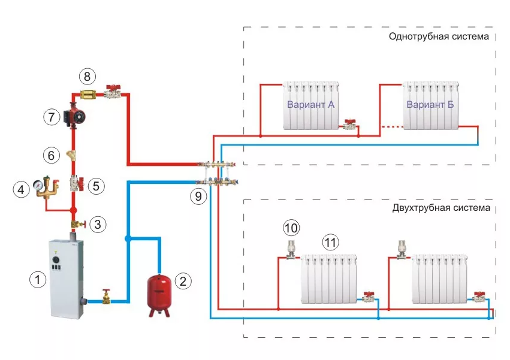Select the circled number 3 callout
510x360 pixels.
99,225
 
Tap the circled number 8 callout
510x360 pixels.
87,77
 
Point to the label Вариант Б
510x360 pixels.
430,105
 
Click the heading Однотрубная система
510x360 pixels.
439,37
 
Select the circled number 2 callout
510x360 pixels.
183,279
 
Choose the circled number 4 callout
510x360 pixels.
22,190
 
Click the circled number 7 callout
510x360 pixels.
52,116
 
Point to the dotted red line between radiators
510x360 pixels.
391,126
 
